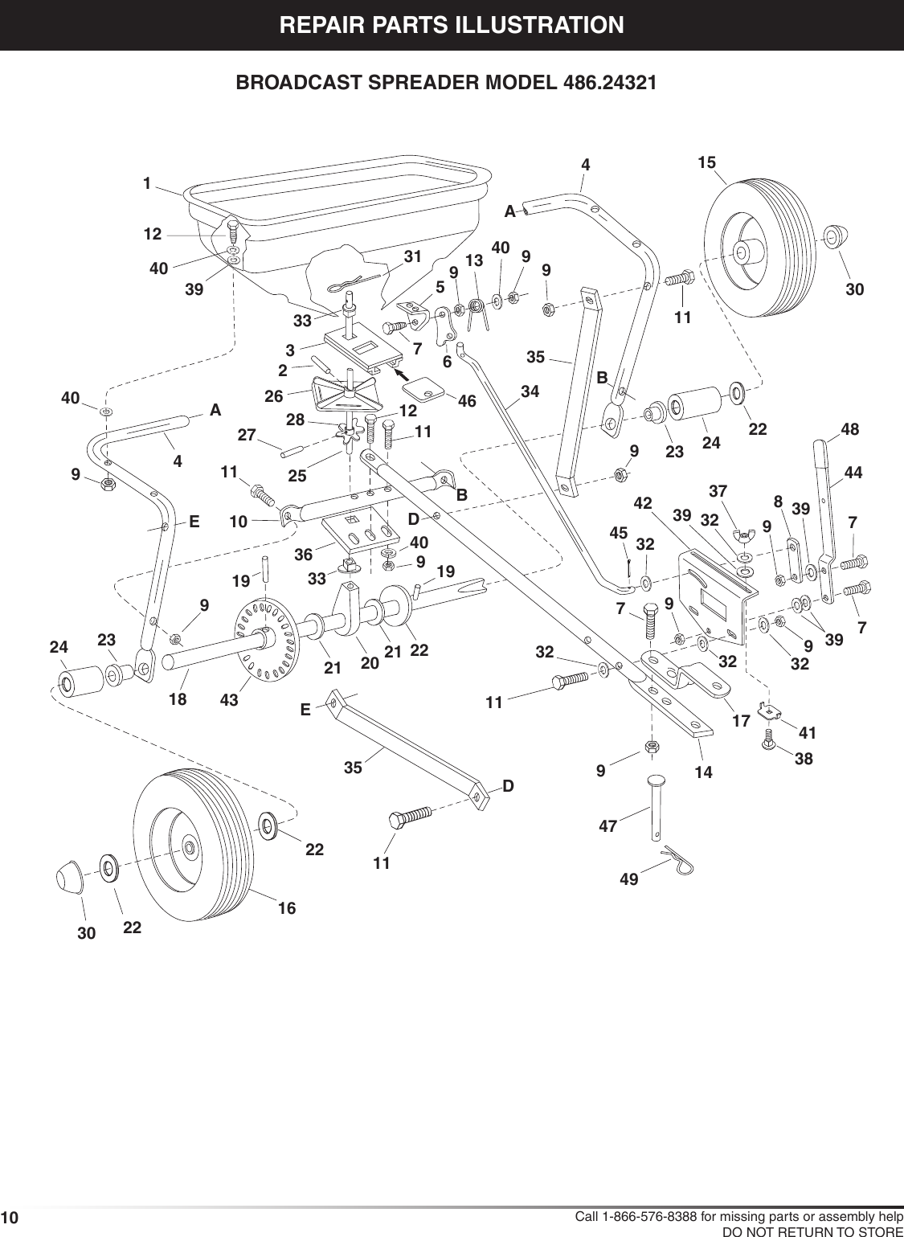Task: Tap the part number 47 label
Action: tap(611, 824)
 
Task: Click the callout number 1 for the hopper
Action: tap(147, 183)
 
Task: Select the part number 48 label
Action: tap(850, 430)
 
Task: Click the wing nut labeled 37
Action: tap(743, 536)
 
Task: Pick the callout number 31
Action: tap(413, 256)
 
